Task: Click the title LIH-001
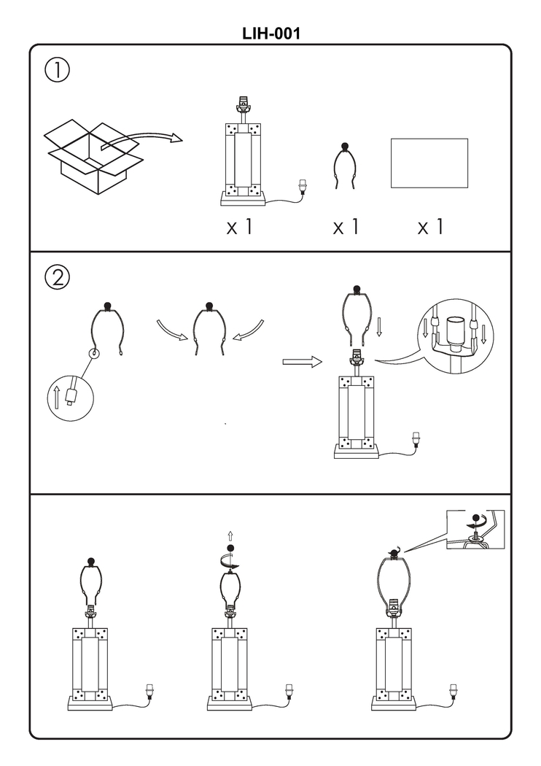pyautogui.click(x=270, y=34)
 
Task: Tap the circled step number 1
pyautogui.click(x=58, y=71)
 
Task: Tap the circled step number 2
pyautogui.click(x=58, y=278)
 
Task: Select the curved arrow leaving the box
pyautogui.click(x=142, y=139)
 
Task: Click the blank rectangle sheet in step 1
pyautogui.click(x=429, y=163)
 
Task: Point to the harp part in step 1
pyautogui.click(x=345, y=167)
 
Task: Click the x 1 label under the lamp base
pyautogui.click(x=239, y=227)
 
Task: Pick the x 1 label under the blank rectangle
pyautogui.click(x=430, y=227)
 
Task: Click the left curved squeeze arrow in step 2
pyautogui.click(x=172, y=330)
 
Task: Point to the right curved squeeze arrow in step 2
pyautogui.click(x=250, y=330)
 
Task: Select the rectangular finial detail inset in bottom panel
pyautogui.click(x=475, y=529)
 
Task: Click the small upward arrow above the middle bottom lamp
pyautogui.click(x=231, y=535)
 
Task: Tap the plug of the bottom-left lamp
pyautogui.click(x=151, y=690)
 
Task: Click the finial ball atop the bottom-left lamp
pyautogui.click(x=91, y=561)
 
